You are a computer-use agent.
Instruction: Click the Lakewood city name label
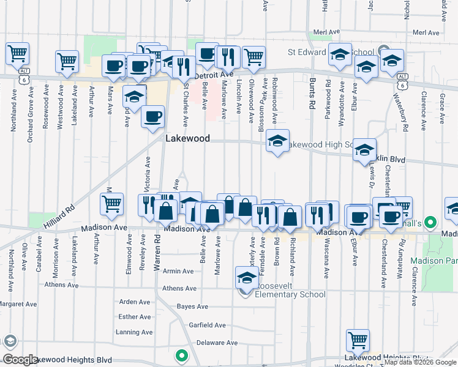(187, 139)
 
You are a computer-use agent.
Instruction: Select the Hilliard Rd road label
(58, 217)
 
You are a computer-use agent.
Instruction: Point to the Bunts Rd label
(312, 95)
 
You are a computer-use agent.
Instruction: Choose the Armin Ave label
(178, 271)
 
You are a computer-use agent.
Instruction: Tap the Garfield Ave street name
(207, 325)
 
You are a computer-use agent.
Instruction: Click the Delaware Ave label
(217, 343)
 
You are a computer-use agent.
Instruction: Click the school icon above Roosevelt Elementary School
(246, 278)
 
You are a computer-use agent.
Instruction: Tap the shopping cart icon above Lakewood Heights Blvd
(358, 339)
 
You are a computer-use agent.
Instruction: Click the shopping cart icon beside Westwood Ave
(67, 61)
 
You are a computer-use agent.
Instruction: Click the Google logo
(20, 360)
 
